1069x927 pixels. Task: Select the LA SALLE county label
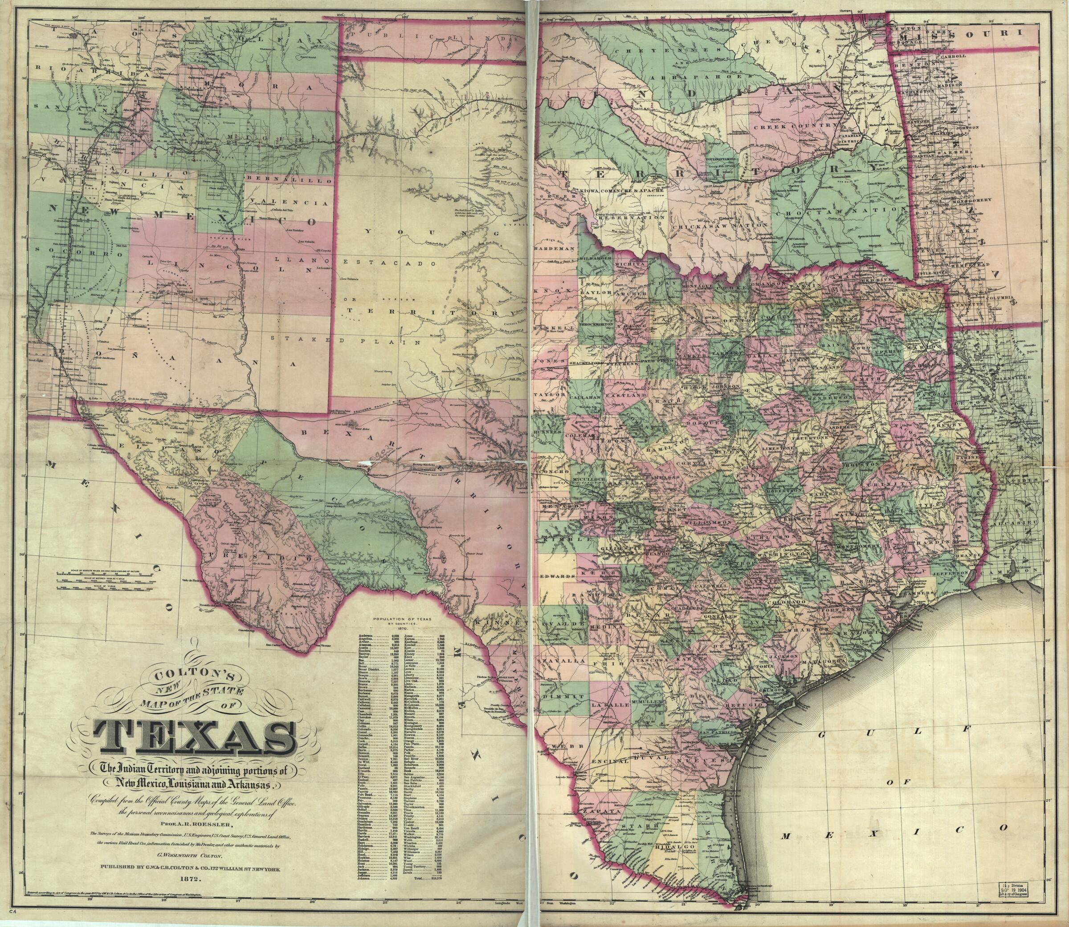point(610,706)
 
